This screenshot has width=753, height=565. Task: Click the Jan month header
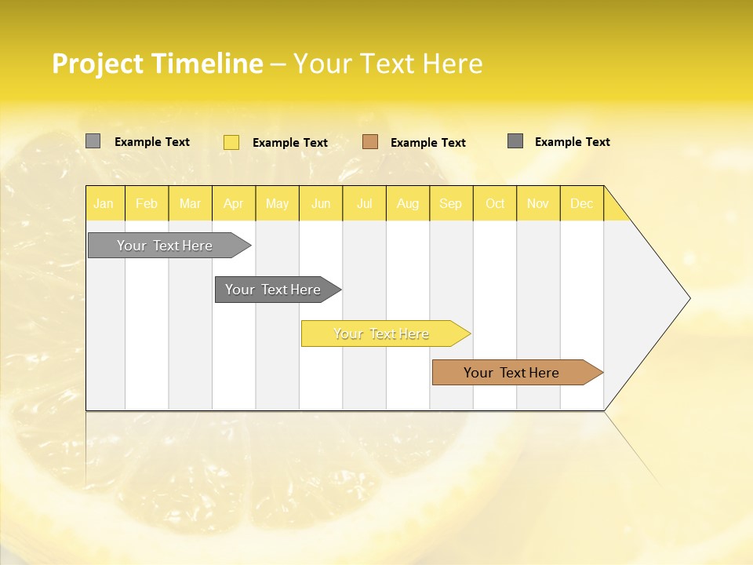pyautogui.click(x=104, y=204)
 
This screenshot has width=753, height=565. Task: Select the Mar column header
pyautogui.click(x=190, y=204)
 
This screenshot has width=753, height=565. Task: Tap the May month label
pyautogui.click(x=277, y=204)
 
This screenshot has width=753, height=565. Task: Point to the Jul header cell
pyautogui.click(x=364, y=204)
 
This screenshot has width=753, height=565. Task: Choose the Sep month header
pyautogui.click(x=450, y=204)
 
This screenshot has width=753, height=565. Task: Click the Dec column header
pyautogui.click(x=581, y=204)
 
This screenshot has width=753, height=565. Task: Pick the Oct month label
pyautogui.click(x=495, y=204)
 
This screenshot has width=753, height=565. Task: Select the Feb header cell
pyautogui.click(x=147, y=204)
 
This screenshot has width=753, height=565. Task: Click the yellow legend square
pyautogui.click(x=231, y=142)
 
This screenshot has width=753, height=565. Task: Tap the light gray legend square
pyautogui.click(x=93, y=141)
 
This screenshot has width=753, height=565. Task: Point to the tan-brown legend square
pyautogui.click(x=370, y=142)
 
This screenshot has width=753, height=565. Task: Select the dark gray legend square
pyautogui.click(x=515, y=141)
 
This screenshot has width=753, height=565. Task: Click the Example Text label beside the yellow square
pyautogui.click(x=289, y=143)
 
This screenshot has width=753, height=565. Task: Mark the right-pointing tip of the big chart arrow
pyautogui.click(x=689, y=298)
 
